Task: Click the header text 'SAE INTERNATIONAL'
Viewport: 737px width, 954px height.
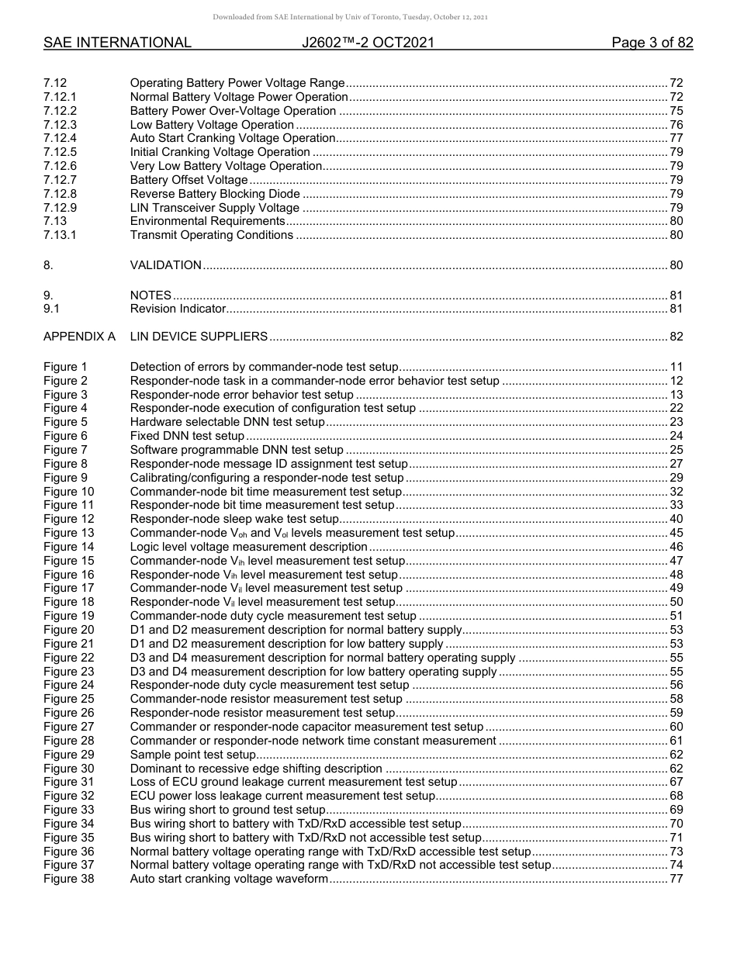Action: [x=117, y=43]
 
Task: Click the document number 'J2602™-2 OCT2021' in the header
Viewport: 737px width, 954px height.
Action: [x=368, y=43]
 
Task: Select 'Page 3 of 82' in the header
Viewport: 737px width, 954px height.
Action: [x=652, y=43]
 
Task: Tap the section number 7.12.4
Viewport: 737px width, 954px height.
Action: [x=61, y=138]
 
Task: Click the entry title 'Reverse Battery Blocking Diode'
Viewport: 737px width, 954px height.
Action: [x=214, y=194]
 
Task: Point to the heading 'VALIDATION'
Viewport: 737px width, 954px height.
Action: [x=165, y=265]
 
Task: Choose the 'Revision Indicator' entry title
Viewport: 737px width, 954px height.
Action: [x=178, y=309]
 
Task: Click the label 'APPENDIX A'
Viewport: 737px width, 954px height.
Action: [x=79, y=337]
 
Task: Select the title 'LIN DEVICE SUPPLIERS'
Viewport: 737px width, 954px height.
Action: [x=199, y=337]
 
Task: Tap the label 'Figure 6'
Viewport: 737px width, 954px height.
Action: [x=65, y=436]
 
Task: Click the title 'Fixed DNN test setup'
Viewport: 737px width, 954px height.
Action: [x=187, y=436]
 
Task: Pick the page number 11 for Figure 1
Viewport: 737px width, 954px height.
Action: [x=676, y=367]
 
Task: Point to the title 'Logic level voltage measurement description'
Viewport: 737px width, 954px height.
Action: [x=248, y=547]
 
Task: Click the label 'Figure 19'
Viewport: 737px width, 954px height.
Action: [x=68, y=616]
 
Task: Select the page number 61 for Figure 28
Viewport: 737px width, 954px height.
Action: [x=676, y=741]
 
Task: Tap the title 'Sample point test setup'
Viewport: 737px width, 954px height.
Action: [x=192, y=755]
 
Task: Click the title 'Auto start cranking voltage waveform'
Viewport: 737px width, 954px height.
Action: [x=229, y=879]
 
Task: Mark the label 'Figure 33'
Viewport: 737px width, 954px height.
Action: [x=68, y=810]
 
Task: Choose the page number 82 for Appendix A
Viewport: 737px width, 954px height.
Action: [x=676, y=337]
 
